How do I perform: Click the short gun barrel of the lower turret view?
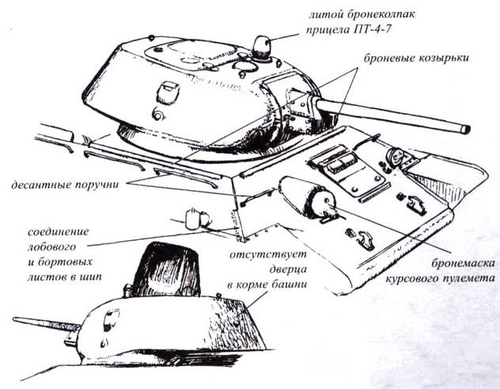tap(44, 324)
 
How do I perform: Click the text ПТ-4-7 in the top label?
tap(391, 32)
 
